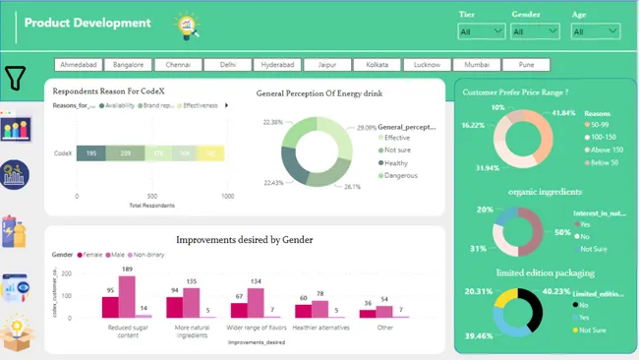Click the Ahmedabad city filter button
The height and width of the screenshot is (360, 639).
(x=79, y=65)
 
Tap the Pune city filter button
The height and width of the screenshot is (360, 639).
(x=527, y=65)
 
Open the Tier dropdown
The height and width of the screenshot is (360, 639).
(x=482, y=31)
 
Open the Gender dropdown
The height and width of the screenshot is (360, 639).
(x=535, y=31)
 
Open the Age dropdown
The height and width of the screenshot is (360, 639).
(x=595, y=31)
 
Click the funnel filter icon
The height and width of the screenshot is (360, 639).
(x=16, y=78)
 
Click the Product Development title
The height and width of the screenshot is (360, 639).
(x=87, y=23)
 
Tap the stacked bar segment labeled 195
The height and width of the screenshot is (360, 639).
(x=91, y=153)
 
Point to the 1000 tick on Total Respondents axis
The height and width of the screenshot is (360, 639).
(x=227, y=197)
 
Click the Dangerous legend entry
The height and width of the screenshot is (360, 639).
(x=402, y=177)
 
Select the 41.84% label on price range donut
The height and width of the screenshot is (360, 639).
(x=564, y=113)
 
